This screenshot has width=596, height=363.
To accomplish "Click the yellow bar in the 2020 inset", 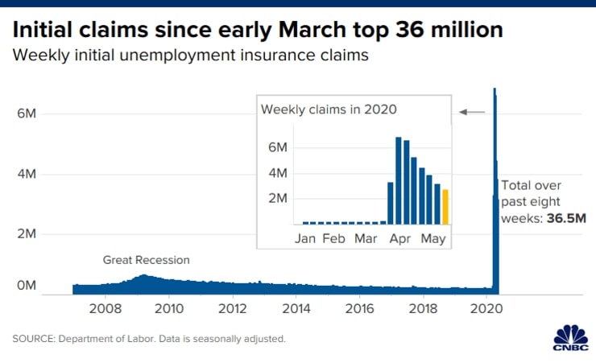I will tap(445, 207).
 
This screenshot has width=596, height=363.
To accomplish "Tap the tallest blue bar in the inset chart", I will tap(399, 180).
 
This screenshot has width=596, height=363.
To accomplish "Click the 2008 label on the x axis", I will tap(105, 308).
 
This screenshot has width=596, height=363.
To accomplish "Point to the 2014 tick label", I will tap(296, 308).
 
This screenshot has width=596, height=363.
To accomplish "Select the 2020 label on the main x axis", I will tap(488, 308).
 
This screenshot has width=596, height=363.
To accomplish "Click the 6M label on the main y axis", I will tap(27, 114).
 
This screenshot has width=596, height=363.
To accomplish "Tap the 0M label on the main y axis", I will tap(27, 286).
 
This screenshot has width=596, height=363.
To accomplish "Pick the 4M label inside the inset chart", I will tap(277, 174).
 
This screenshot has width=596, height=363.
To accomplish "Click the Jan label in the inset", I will tap(305, 239).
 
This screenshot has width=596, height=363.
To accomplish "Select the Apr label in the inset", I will tap(400, 239).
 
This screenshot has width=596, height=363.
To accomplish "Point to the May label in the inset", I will tap(434, 239).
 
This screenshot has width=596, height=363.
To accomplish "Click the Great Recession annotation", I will tap(146, 260).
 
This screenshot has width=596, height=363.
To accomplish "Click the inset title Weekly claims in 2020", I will tap(329, 109).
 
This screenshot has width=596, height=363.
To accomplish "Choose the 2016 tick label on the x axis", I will tap(360, 308).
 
